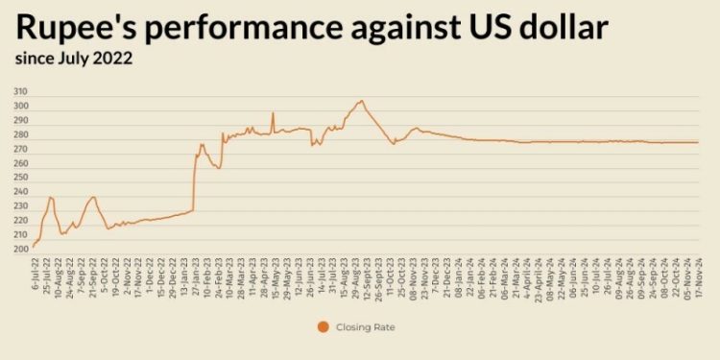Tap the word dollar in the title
tap(556, 28)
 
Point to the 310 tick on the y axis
tap(21, 91)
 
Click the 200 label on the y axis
tap(21, 250)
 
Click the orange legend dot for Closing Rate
tap(324, 327)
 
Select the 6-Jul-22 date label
tap(36, 274)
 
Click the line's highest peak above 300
tap(361, 100)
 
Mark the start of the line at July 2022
tap(33, 247)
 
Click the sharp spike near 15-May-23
tap(273, 113)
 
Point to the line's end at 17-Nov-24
tap(698, 142)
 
